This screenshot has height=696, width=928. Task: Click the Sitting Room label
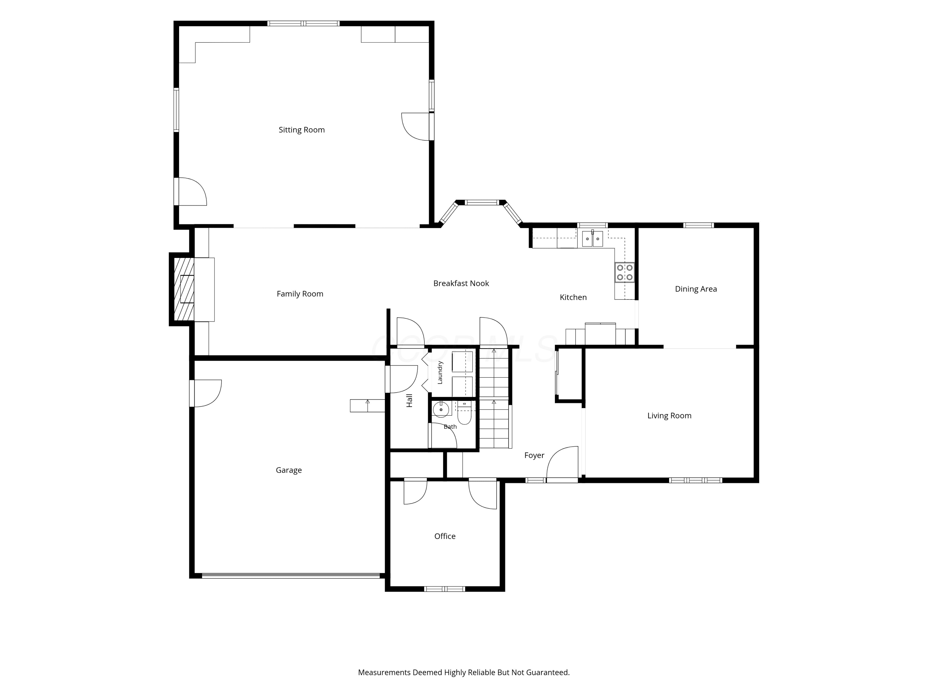[x=302, y=130]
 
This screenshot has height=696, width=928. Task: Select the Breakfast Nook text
[x=461, y=283]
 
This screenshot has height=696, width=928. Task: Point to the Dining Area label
[x=696, y=289]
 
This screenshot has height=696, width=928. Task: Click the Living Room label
[x=669, y=416]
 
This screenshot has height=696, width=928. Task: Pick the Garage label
[x=289, y=470]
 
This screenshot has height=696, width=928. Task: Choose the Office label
[x=445, y=536]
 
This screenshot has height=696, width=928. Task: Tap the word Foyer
[x=534, y=455]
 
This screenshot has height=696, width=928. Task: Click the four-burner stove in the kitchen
[x=625, y=272]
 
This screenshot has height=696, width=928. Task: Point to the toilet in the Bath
[x=464, y=413]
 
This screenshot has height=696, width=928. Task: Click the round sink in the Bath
[x=441, y=409]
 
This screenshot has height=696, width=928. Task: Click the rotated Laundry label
[x=440, y=372]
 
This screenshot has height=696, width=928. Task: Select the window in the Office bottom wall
[x=445, y=589]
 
